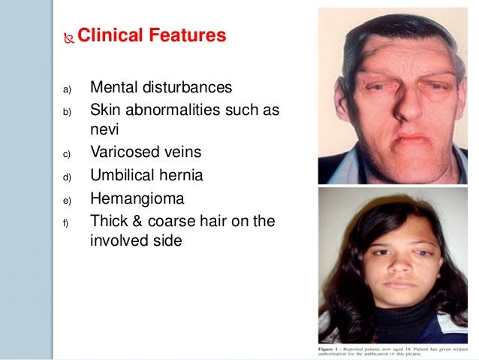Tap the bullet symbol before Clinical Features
[x=70, y=36]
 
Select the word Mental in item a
[x=113, y=89]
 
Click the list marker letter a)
[x=66, y=91]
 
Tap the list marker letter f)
[x=65, y=222]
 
